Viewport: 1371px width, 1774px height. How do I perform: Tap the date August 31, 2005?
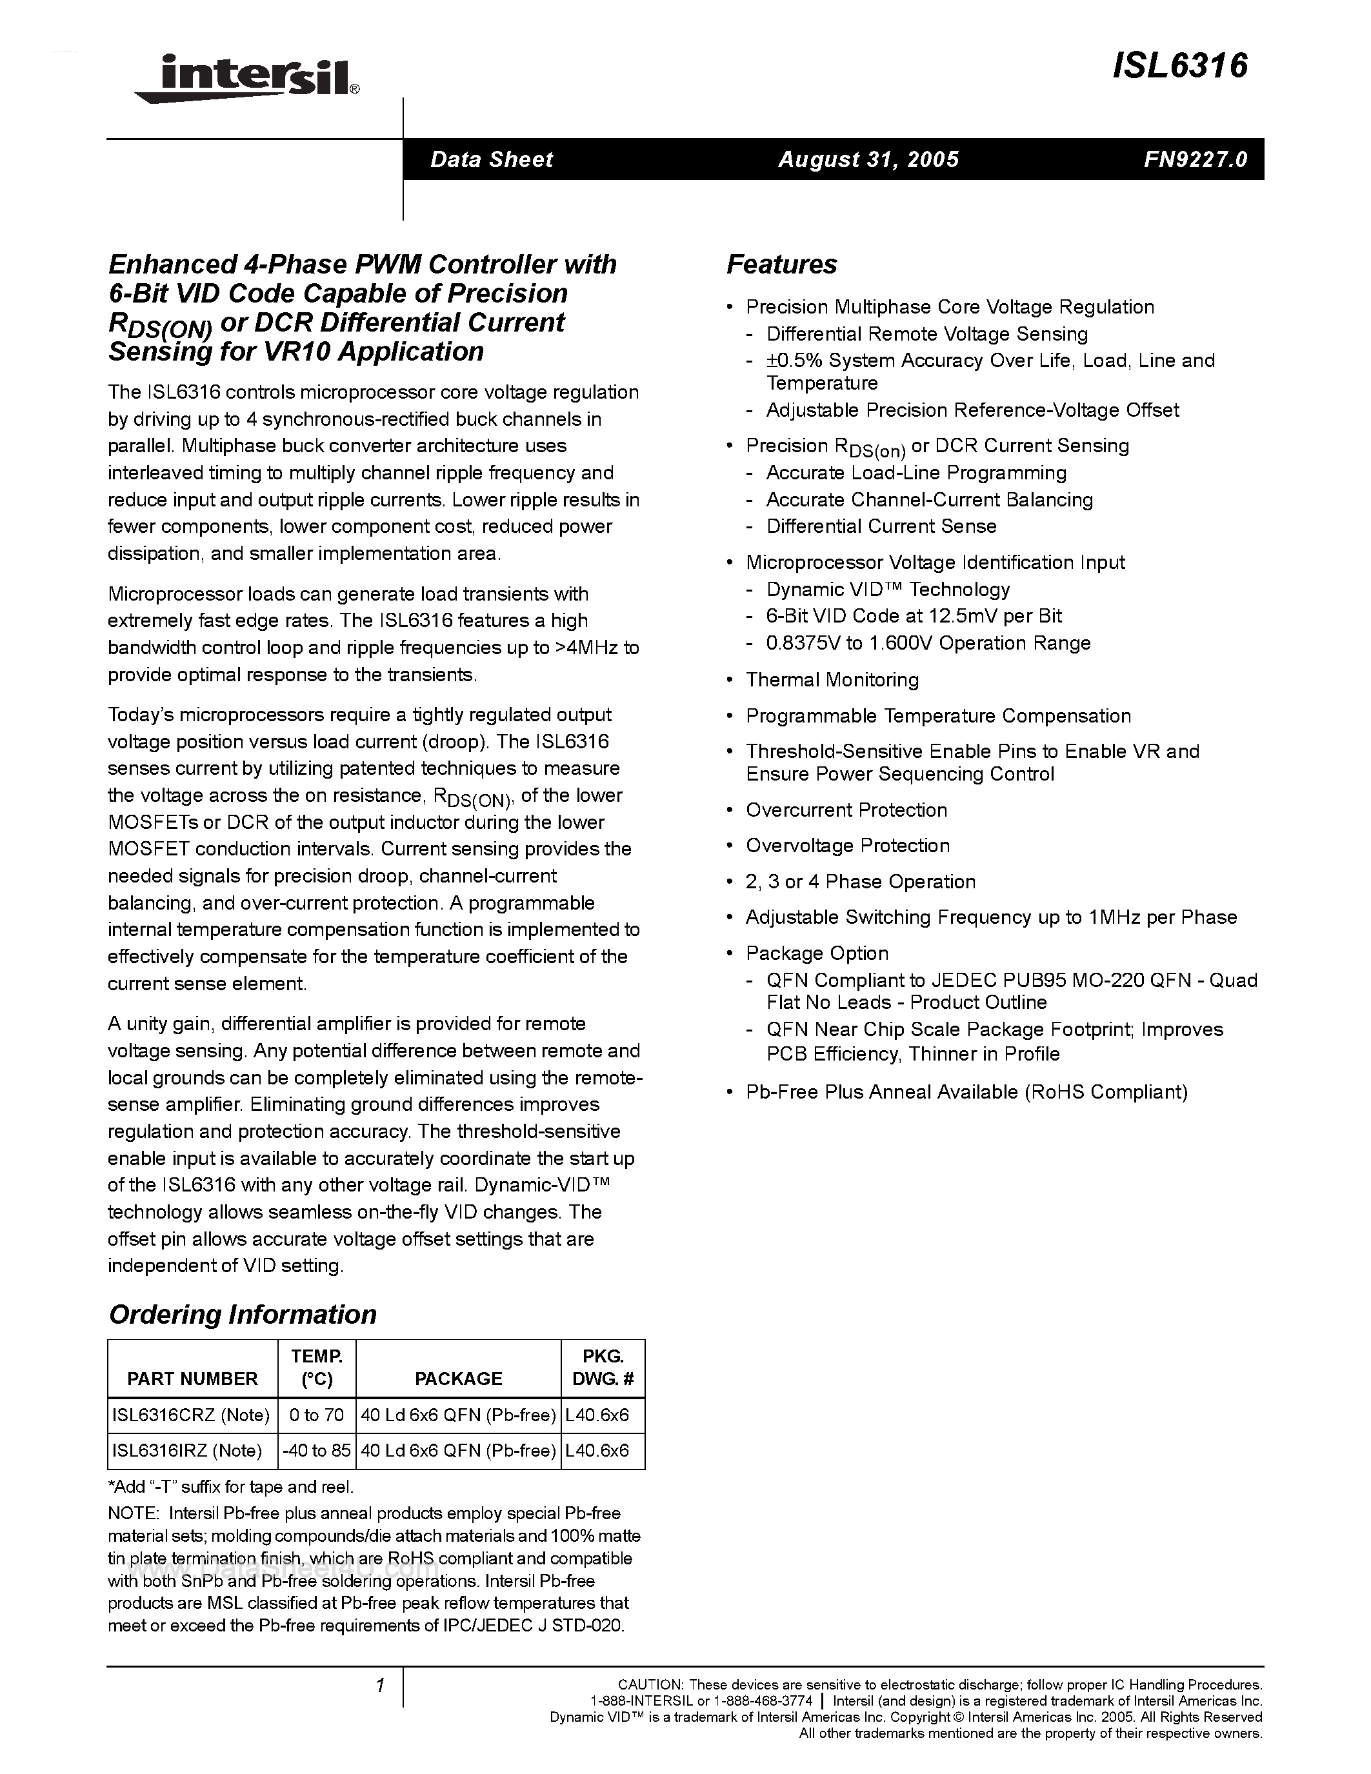pos(868,159)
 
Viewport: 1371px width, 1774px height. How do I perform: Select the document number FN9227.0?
pos(1195,159)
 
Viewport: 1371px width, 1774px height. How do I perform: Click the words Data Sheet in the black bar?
pos(492,159)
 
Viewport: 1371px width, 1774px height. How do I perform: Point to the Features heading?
pos(781,264)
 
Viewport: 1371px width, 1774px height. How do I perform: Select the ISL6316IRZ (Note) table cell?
pos(187,1451)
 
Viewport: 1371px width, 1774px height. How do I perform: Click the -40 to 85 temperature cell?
pos(317,1451)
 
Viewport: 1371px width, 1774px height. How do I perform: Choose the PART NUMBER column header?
pos(192,1379)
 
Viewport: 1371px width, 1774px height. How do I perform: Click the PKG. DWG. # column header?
pos(603,1367)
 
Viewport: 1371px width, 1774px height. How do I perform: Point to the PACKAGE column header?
pos(458,1379)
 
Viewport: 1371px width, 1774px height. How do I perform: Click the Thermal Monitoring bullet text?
pos(832,680)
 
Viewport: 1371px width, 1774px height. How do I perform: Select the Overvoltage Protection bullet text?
pos(847,846)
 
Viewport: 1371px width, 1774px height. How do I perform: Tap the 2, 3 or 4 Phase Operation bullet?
pos(860,882)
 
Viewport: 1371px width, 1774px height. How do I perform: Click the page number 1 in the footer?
pos(379,1686)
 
